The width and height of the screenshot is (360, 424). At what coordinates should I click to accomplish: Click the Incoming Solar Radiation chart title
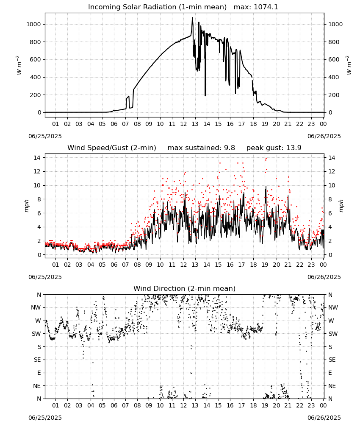click(157, 7)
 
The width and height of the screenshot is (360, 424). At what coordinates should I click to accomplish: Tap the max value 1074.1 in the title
click(266, 7)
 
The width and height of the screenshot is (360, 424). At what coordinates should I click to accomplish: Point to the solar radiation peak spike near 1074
click(193, 18)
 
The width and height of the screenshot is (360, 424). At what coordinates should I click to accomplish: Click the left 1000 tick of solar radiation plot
click(33, 24)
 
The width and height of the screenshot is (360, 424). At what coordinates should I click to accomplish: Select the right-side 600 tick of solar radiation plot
click(334, 59)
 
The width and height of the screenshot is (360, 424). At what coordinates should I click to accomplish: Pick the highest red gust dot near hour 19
click(266, 159)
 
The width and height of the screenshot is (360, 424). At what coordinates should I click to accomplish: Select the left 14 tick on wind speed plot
click(37, 158)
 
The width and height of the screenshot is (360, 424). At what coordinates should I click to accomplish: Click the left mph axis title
click(26, 206)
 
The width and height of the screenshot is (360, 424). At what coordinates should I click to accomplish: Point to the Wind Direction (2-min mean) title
click(185, 288)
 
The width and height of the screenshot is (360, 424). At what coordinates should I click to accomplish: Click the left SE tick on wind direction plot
click(37, 360)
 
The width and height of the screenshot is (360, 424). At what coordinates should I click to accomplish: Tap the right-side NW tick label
click(333, 308)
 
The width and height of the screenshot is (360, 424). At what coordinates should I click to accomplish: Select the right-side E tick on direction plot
click(330, 373)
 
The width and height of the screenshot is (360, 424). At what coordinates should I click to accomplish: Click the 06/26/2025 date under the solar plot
click(324, 136)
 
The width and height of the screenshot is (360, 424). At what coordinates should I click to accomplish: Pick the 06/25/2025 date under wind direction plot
click(45, 418)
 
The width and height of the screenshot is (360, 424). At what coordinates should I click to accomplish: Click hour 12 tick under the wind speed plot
click(183, 265)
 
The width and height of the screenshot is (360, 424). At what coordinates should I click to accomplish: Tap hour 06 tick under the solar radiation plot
click(114, 124)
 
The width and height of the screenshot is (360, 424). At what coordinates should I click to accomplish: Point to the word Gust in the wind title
click(121, 148)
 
